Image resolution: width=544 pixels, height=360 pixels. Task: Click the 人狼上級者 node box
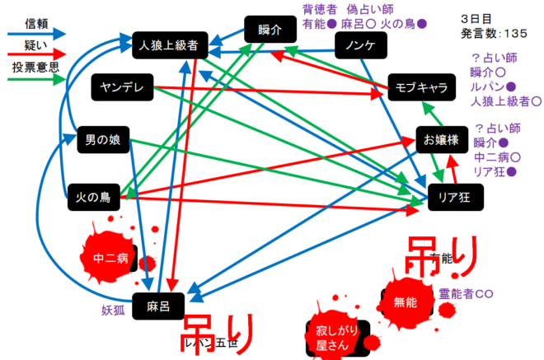168,46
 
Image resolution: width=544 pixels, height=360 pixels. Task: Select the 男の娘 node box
102,139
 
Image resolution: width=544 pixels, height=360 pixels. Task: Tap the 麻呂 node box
158,304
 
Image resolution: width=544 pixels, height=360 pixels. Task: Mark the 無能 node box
406,302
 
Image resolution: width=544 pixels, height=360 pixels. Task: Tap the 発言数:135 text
495,33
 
